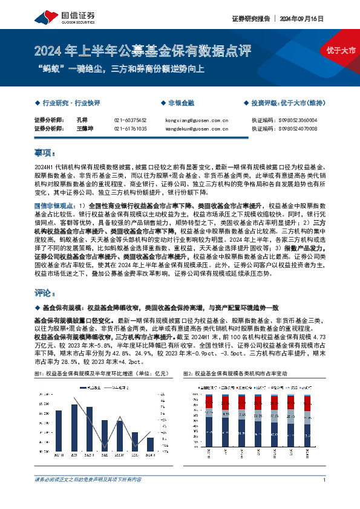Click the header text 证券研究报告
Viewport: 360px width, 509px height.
[249, 18]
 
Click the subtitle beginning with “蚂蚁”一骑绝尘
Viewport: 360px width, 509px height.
[122, 68]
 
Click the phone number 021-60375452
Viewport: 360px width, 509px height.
[130, 120]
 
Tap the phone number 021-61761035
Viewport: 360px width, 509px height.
[130, 129]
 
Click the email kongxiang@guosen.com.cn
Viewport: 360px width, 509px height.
[196, 120]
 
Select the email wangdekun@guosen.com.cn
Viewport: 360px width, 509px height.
[197, 129]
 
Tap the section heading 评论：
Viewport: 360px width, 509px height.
[45, 293]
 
